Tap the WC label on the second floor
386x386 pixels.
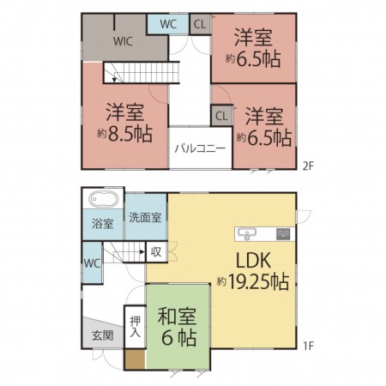168,24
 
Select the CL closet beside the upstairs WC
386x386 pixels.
198,24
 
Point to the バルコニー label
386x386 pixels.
200,148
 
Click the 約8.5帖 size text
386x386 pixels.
125,134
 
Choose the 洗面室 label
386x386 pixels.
145,218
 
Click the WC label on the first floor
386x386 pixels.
92,262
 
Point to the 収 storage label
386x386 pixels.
155,252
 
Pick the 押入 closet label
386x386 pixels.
135,329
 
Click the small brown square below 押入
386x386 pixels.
135,360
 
